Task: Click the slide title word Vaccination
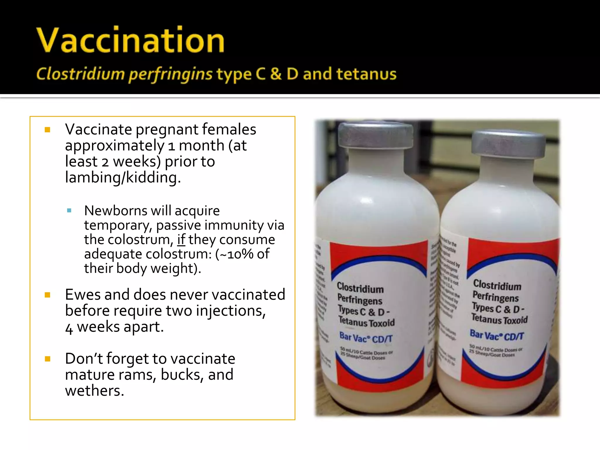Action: (x=130, y=40)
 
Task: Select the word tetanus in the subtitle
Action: (x=366, y=74)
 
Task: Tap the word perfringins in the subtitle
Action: (x=171, y=74)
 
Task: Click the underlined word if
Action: (x=181, y=240)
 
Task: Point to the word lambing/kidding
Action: (x=122, y=178)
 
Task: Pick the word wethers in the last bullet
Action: (x=94, y=391)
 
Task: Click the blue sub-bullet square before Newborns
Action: (x=69, y=211)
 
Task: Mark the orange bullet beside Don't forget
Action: (x=47, y=359)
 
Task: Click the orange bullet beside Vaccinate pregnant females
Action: (x=47, y=129)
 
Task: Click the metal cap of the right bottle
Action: (x=509, y=144)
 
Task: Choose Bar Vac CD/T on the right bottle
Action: (x=497, y=335)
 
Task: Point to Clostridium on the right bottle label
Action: (x=497, y=285)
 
